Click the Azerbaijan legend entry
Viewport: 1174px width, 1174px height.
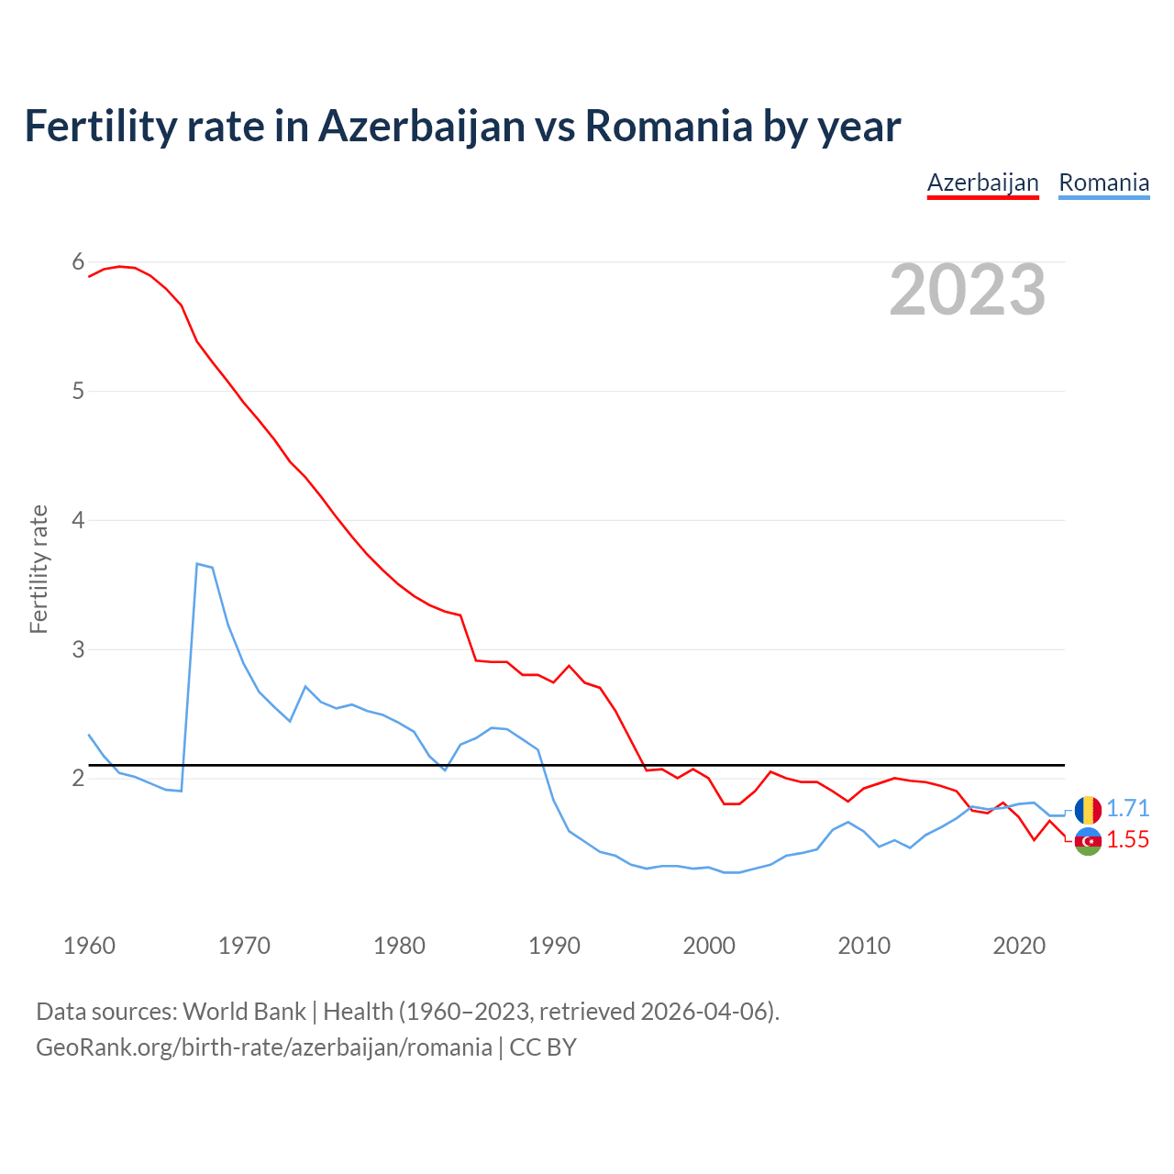pos(982,183)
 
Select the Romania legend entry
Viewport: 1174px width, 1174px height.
pos(1103,183)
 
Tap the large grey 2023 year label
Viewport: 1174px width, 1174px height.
pos(967,290)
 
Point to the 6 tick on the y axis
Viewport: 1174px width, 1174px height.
pos(78,262)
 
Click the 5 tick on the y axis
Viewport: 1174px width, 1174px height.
pos(78,392)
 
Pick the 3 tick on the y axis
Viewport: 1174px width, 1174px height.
pos(78,649)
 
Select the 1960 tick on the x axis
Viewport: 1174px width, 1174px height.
pos(89,946)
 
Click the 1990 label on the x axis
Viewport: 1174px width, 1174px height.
pos(554,946)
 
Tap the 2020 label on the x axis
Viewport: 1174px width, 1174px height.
pos(1019,946)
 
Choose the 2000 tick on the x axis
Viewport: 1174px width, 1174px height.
pos(709,946)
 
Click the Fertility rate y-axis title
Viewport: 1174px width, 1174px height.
pos(39,569)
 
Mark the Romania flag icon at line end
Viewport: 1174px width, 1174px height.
pos(1088,810)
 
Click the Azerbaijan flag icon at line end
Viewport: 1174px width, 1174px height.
pos(1088,841)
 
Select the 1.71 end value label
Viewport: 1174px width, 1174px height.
pos(1127,808)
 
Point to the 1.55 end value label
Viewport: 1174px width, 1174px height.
pos(1127,840)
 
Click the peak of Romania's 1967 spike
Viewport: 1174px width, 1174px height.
pos(197,564)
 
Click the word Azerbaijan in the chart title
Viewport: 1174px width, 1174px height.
pos(421,127)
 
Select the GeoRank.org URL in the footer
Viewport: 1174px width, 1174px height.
pos(263,1047)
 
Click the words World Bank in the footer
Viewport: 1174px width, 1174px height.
pos(244,1012)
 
